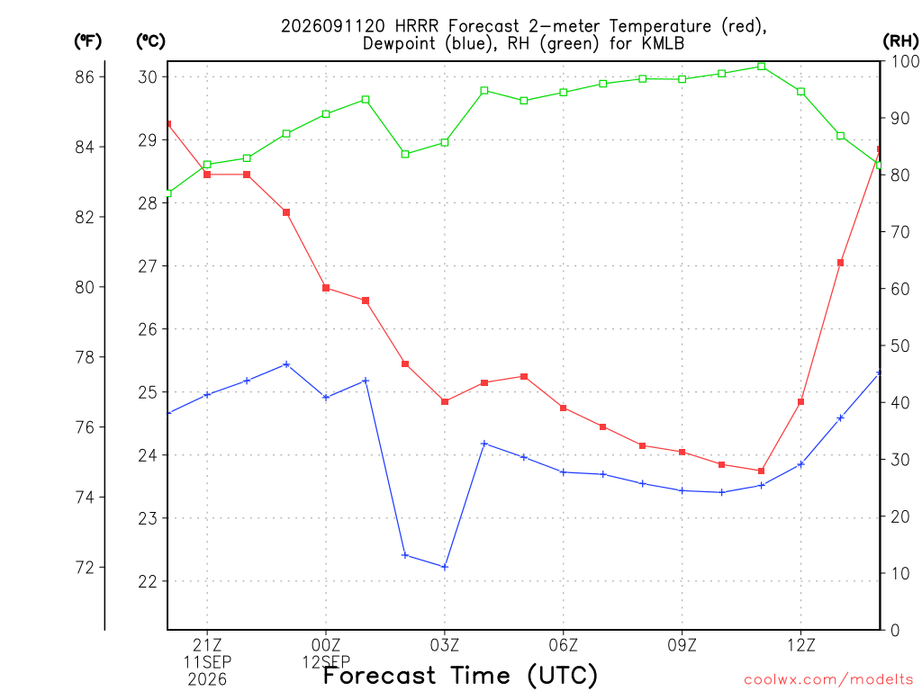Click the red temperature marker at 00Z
[326, 288]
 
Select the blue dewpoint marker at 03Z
[445, 567]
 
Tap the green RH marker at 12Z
[800, 92]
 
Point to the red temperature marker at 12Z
[800, 402]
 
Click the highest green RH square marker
[762, 67]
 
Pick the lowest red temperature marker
[762, 471]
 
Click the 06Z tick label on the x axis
[564, 646]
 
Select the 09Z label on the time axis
[682, 646]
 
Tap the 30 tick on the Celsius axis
[149, 77]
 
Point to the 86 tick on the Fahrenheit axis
[85, 77]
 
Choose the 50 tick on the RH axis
[900, 345]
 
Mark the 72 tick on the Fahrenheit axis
[85, 568]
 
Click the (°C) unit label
[150, 41]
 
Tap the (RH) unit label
[900, 41]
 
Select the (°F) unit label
[87, 41]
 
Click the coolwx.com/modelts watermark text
[828, 680]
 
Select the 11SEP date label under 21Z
[207, 662]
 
